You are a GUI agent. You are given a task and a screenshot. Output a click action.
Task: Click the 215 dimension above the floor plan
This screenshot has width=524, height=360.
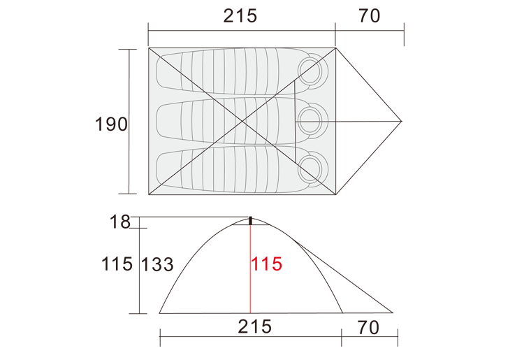click(x=240, y=15)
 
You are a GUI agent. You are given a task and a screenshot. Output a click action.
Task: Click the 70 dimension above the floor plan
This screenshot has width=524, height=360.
click(x=370, y=15)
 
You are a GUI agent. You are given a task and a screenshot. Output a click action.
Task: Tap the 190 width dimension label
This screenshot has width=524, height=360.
click(x=111, y=124)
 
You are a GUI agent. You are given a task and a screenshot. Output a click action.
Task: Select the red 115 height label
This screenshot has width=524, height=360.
click(x=266, y=264)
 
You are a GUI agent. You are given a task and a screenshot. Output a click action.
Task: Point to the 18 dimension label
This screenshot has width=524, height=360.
click(x=120, y=222)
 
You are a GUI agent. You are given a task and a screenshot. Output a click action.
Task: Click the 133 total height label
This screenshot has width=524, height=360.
click(x=157, y=265)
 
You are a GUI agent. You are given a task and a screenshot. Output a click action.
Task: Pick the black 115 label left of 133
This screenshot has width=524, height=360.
click(x=117, y=264)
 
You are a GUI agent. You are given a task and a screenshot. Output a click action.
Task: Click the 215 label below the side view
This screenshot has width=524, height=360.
click(x=254, y=326)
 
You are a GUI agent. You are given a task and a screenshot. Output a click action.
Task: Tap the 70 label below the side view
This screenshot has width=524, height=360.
click(x=368, y=328)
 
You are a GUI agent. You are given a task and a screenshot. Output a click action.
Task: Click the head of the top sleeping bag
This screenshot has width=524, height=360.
click(x=310, y=71)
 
